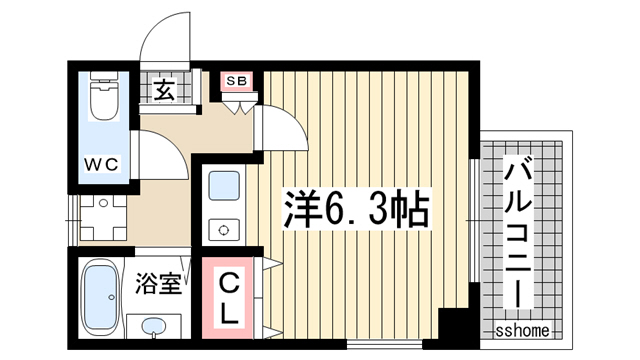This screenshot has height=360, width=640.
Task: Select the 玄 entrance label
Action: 164,91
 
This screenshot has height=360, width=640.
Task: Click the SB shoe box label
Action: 238,81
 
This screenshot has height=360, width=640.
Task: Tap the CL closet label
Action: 227,296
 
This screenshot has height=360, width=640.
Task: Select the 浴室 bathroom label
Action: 159,283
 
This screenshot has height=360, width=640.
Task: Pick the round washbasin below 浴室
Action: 153,327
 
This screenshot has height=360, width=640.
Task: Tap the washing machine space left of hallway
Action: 102,217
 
